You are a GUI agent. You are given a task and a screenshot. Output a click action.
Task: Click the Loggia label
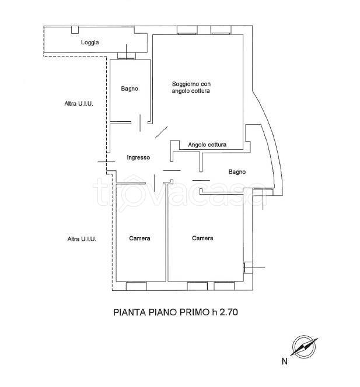[90, 43]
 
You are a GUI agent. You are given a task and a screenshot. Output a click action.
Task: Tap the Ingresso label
[138, 157]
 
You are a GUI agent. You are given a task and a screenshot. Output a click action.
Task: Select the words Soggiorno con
[191, 84]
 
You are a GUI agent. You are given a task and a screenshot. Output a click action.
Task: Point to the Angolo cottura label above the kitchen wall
[207, 145]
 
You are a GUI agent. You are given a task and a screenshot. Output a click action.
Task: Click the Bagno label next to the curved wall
[237, 172]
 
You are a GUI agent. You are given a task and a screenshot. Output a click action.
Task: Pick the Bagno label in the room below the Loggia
[130, 89]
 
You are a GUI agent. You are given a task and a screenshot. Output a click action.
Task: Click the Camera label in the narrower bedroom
[139, 238]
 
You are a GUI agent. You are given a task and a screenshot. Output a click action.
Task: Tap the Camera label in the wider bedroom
[202, 238]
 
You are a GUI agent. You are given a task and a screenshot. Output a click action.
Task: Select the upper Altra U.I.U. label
[79, 104]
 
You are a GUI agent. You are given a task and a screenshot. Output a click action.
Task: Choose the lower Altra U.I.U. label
[82, 239]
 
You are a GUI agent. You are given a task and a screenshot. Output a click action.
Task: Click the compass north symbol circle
[304, 347]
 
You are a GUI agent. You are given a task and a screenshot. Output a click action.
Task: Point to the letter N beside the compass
[284, 361]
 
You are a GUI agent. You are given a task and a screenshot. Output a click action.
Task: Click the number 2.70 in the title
[229, 312]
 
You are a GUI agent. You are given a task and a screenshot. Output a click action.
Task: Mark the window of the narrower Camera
[137, 286]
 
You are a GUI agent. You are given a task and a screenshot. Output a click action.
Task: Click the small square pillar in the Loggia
[75, 30]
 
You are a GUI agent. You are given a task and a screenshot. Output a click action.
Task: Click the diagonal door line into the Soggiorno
[162, 132]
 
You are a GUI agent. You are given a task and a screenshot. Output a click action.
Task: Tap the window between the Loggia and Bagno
[126, 56]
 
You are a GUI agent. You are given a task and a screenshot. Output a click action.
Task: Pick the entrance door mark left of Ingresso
[107, 161]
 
